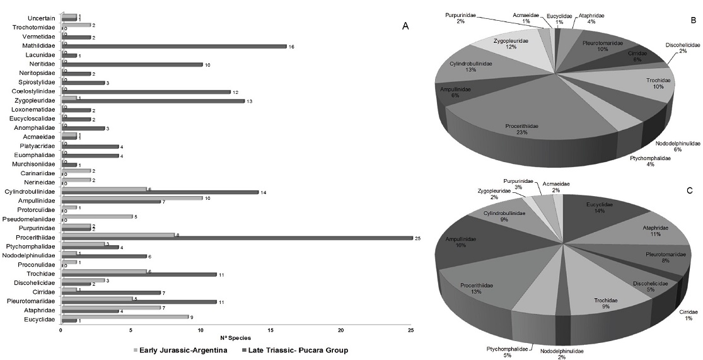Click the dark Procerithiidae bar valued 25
[236, 238]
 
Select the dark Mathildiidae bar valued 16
[173, 46]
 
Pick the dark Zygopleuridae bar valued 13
[153, 101]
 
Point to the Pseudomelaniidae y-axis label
[31, 218]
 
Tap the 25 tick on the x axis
[411, 330]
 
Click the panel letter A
[405, 26]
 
